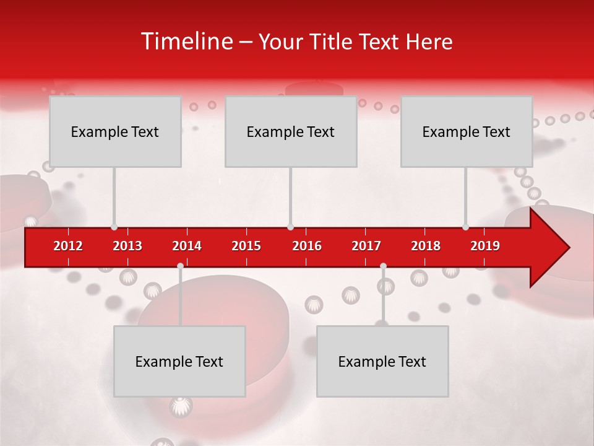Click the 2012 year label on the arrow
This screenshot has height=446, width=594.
(68, 246)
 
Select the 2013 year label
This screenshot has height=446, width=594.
(127, 246)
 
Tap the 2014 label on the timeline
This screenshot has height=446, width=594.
(187, 246)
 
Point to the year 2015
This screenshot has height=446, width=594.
(246, 246)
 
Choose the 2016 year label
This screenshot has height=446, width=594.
(307, 246)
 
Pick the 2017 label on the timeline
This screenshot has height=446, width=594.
(366, 246)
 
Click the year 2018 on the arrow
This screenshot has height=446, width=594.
(426, 246)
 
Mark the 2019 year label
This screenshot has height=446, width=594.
(485, 246)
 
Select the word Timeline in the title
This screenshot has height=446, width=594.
(186, 42)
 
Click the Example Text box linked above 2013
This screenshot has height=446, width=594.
(115, 131)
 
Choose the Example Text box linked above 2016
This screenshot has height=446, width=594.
(291, 131)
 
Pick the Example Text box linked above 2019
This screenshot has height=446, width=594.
(467, 131)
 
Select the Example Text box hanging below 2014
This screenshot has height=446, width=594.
(179, 361)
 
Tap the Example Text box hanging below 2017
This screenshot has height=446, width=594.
(382, 361)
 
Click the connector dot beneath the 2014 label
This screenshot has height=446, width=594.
(180, 266)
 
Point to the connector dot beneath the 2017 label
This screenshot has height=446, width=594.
(383, 266)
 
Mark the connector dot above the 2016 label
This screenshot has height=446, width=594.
(290, 227)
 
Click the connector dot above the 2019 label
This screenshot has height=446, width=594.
(465, 227)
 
